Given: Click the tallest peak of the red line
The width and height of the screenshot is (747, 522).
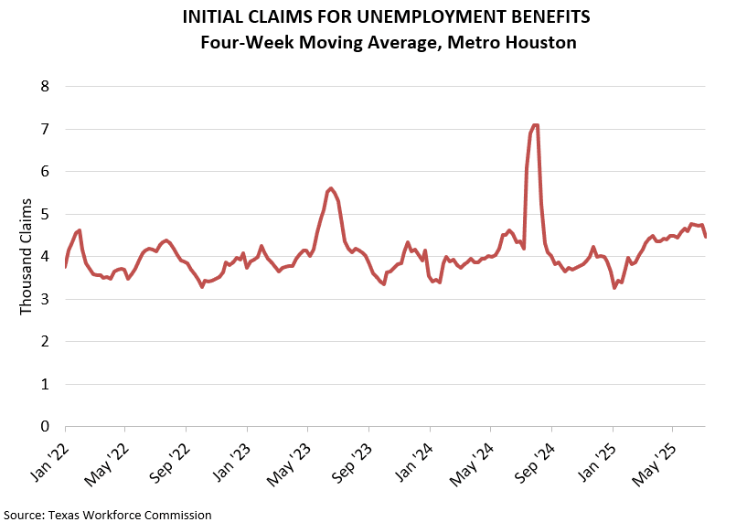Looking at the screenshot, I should coord(535,125).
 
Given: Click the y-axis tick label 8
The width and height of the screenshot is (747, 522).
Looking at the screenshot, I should coord(43,87).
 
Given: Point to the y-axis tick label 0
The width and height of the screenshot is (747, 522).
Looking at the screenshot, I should coord(43,426).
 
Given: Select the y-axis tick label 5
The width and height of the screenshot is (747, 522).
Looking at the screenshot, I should coord(43,214).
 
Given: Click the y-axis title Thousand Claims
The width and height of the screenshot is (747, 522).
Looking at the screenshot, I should coord(26,260).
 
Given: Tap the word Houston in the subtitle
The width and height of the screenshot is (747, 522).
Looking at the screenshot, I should coord(542,42).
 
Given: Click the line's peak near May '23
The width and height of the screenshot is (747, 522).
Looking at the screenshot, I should coord(330,187).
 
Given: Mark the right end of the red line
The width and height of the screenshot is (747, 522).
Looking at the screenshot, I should coord(706,237).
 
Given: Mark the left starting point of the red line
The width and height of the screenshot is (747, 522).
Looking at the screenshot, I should coord(66,266).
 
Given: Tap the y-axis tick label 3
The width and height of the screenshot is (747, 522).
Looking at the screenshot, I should coord(43,299).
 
